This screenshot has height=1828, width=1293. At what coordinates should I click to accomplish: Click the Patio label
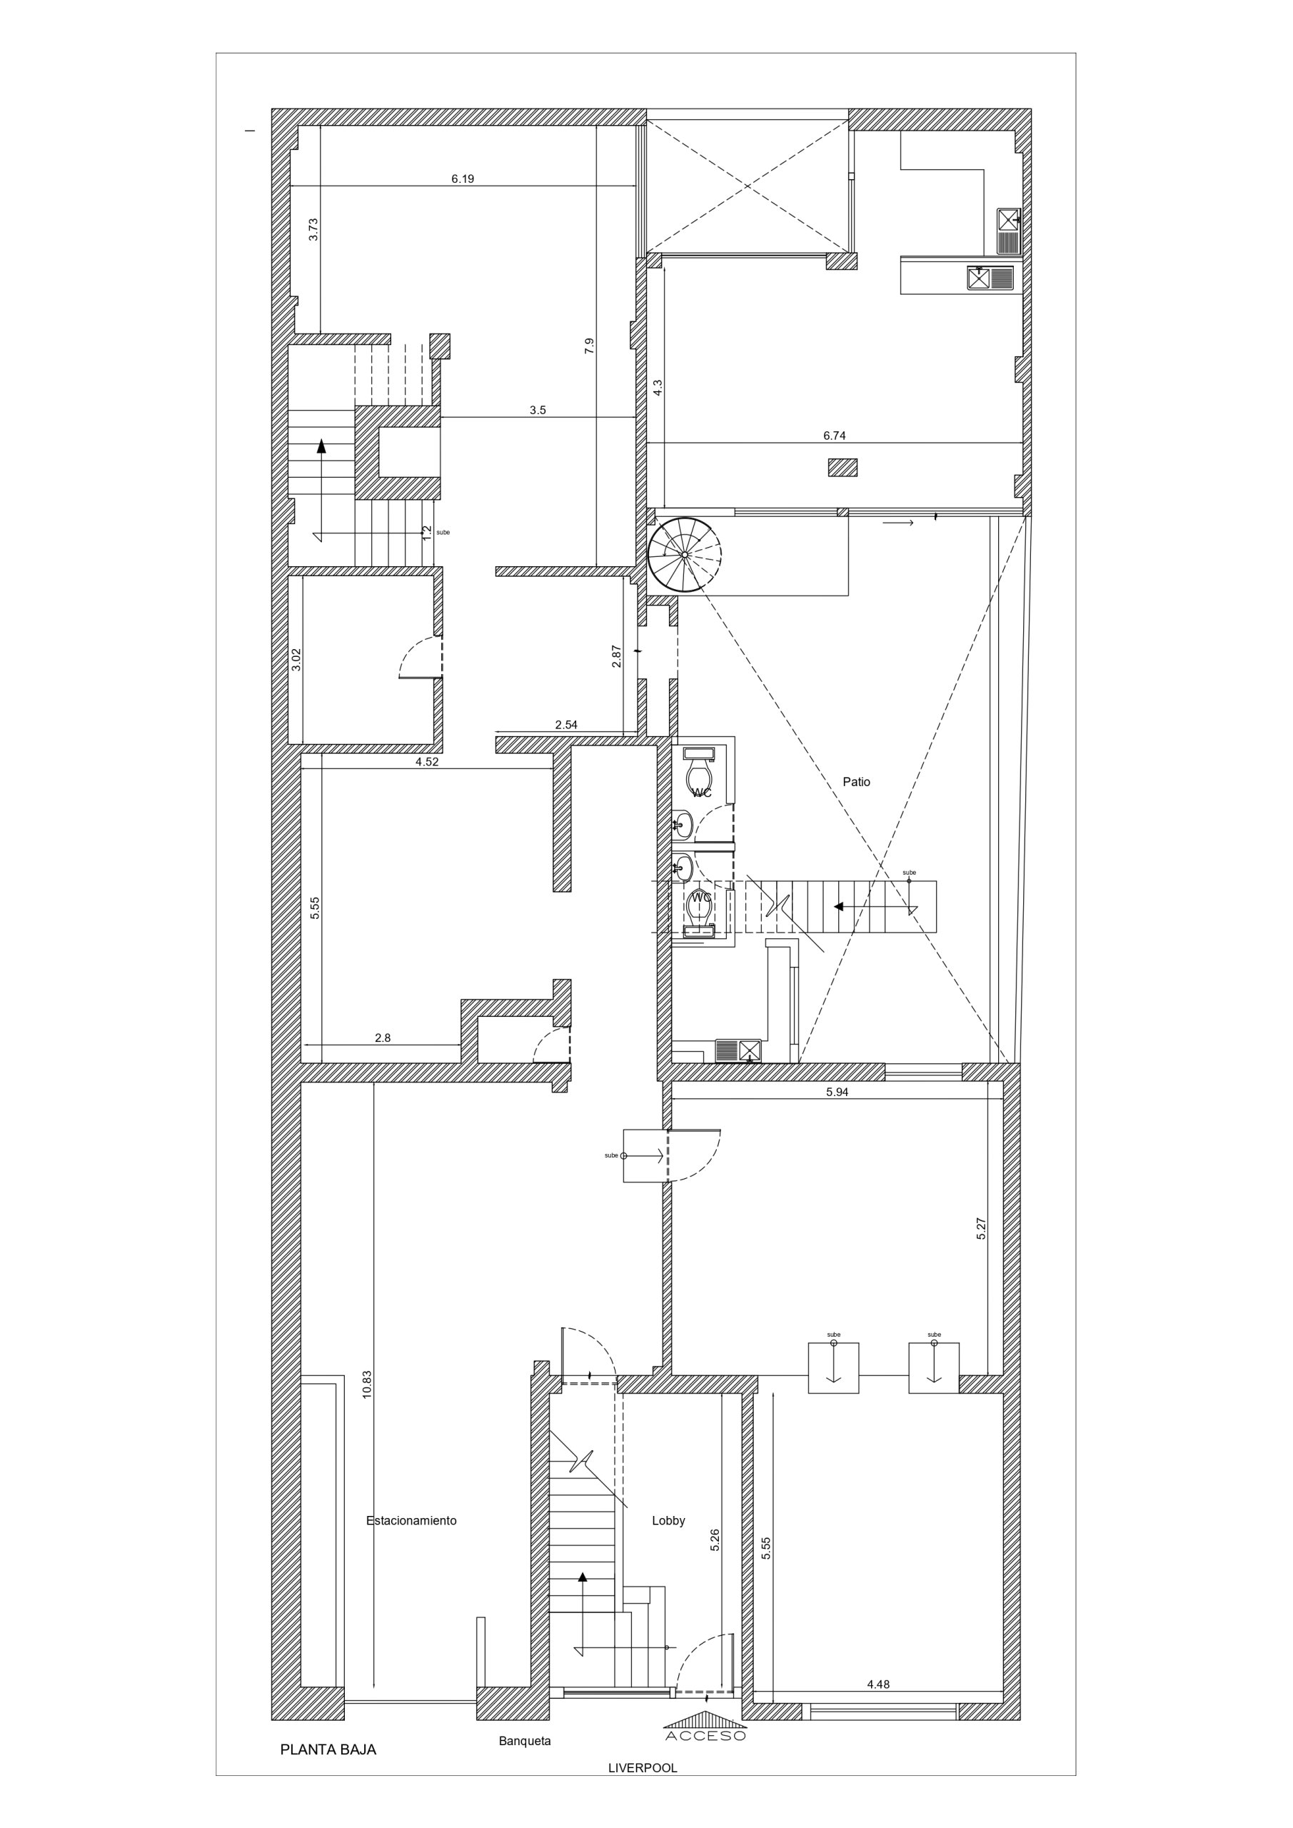(856, 782)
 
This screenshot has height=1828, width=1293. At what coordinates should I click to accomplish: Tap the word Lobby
(668, 1520)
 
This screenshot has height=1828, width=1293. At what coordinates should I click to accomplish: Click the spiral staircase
(684, 554)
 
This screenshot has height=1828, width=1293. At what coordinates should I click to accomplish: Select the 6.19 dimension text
(463, 179)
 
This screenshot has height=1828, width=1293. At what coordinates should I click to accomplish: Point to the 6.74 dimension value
(835, 436)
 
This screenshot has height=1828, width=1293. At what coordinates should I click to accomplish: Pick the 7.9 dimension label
(589, 346)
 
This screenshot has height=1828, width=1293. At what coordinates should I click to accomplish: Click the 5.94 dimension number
(837, 1093)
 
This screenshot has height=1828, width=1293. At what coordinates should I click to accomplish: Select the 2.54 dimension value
(566, 725)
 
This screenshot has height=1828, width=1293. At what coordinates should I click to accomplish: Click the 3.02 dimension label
(296, 659)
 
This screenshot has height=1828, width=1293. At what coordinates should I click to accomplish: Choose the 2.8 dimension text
(383, 1038)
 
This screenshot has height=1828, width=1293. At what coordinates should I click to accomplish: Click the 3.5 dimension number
(538, 410)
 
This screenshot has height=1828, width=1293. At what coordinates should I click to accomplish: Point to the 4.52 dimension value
(427, 761)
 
